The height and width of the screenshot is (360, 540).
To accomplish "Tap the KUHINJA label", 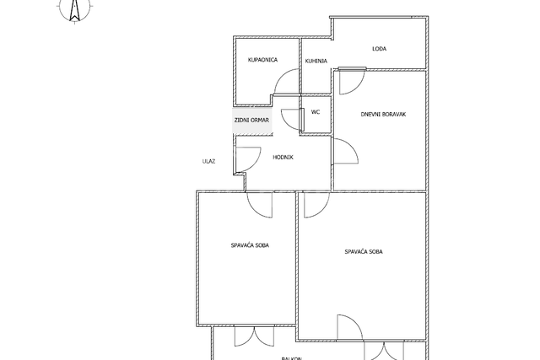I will [316, 61].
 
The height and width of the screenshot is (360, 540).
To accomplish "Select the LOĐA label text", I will [380, 49].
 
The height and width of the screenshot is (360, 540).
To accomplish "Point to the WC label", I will [316, 111].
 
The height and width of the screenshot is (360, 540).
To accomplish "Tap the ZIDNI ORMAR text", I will [252, 120].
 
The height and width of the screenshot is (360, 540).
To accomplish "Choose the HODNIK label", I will [283, 157].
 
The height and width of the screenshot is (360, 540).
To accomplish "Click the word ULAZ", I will [209, 161].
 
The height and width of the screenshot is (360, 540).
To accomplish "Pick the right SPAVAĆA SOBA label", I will [364, 251].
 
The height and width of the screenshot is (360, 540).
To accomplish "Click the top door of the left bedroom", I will [259, 203].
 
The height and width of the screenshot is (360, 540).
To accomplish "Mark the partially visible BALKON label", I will [292, 357].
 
